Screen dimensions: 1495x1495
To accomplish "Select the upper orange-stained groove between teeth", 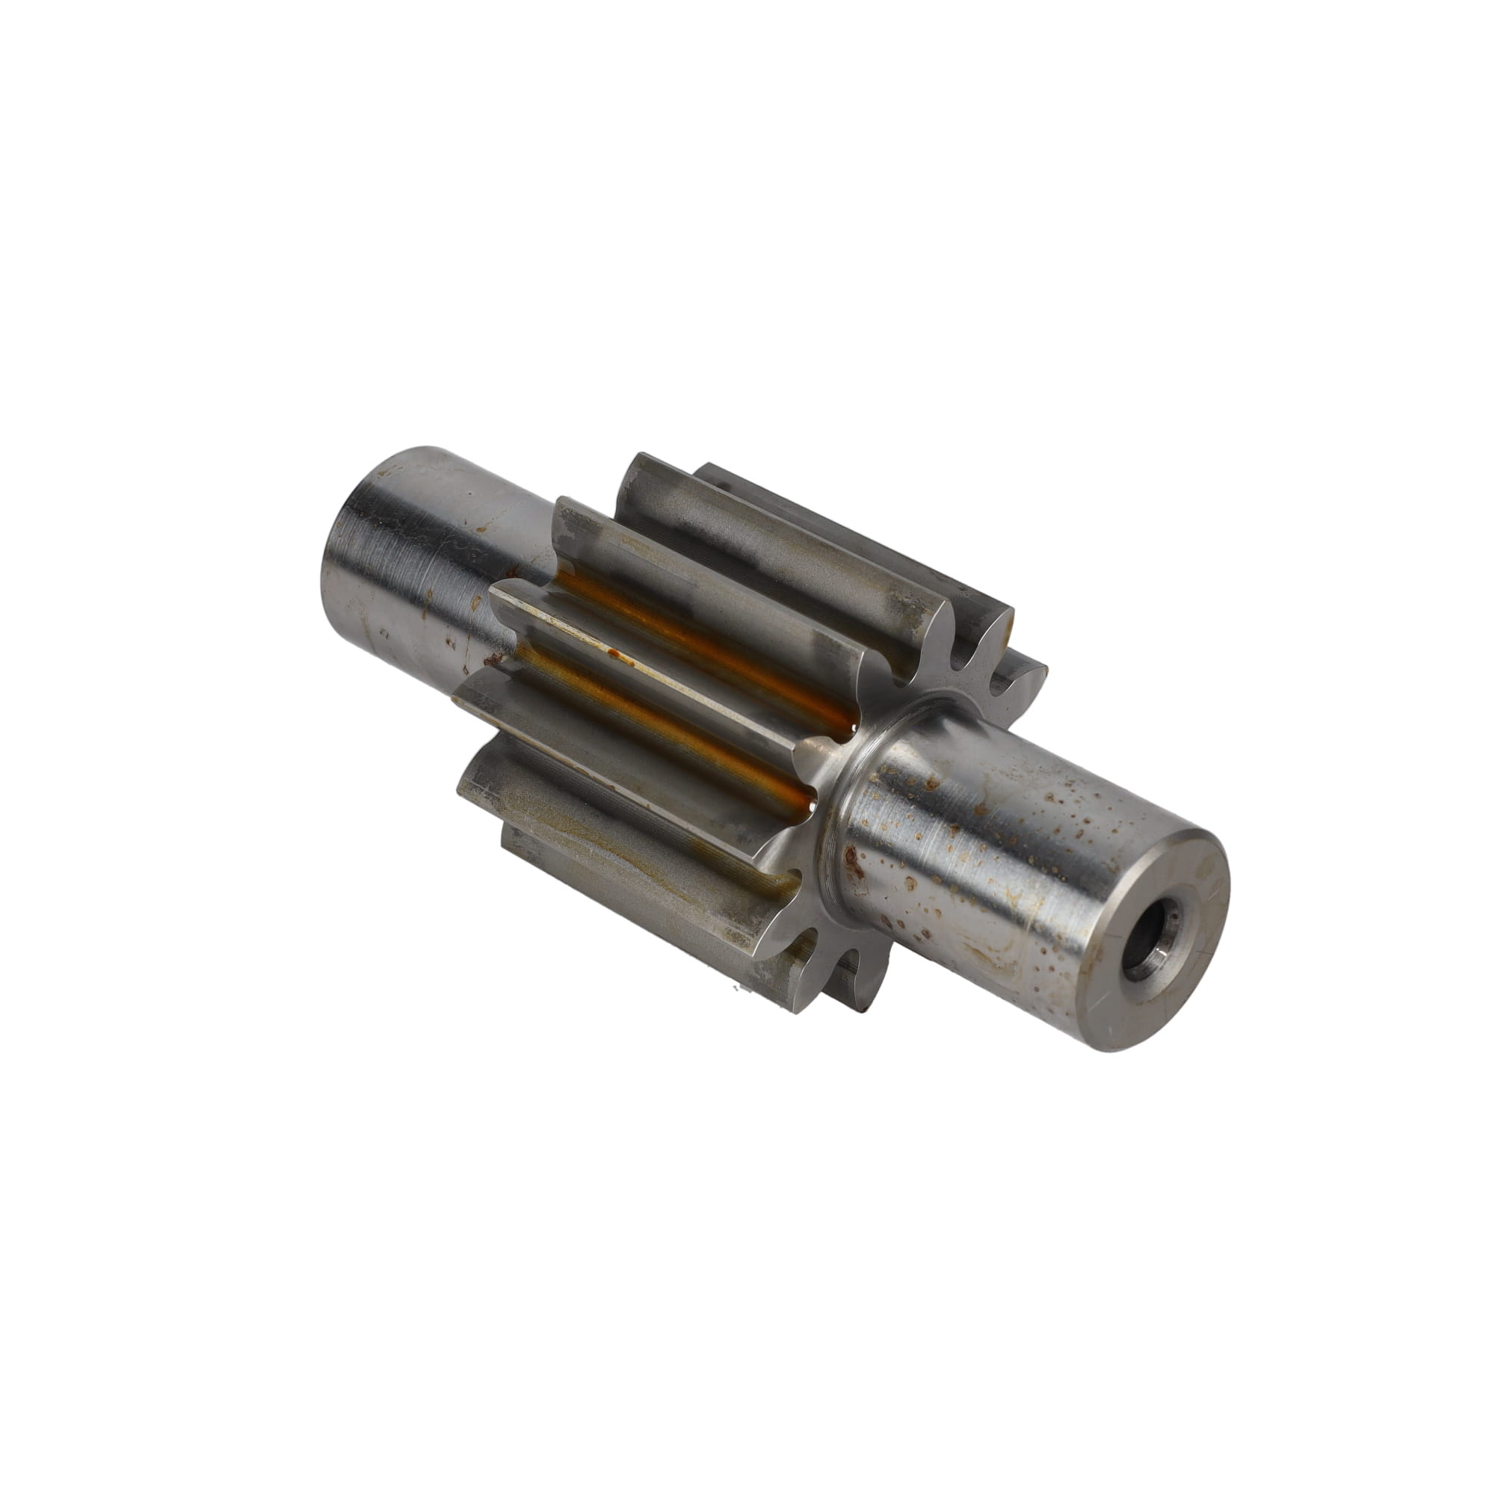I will pos(697,635).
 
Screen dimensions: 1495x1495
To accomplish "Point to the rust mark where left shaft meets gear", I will pos(490,659).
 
